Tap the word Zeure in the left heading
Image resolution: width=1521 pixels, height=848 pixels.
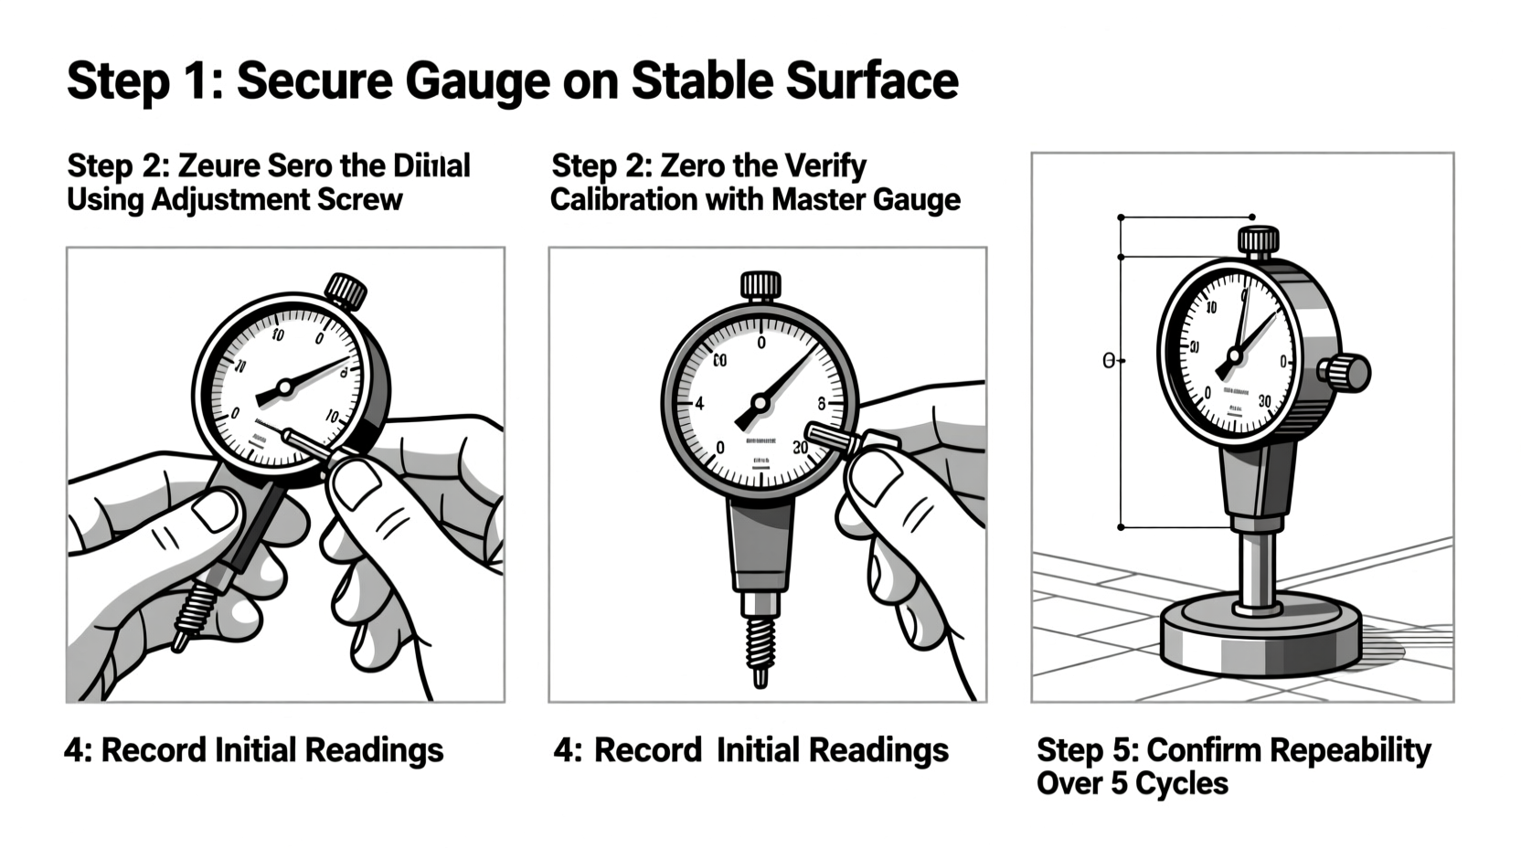tap(219, 166)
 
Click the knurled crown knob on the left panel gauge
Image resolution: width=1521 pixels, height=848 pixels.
tap(346, 291)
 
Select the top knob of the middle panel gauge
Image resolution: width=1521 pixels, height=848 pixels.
tap(760, 285)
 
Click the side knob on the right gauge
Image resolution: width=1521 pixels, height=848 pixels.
tap(1349, 373)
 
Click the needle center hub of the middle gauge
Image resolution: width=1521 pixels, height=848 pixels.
tap(760, 402)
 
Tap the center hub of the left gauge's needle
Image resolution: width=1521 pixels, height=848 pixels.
tap(284, 387)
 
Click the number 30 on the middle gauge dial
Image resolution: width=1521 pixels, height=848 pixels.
tap(800, 448)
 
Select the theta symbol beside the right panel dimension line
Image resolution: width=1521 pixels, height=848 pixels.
tap(1109, 361)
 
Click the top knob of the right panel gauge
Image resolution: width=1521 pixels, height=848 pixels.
tap(1258, 242)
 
